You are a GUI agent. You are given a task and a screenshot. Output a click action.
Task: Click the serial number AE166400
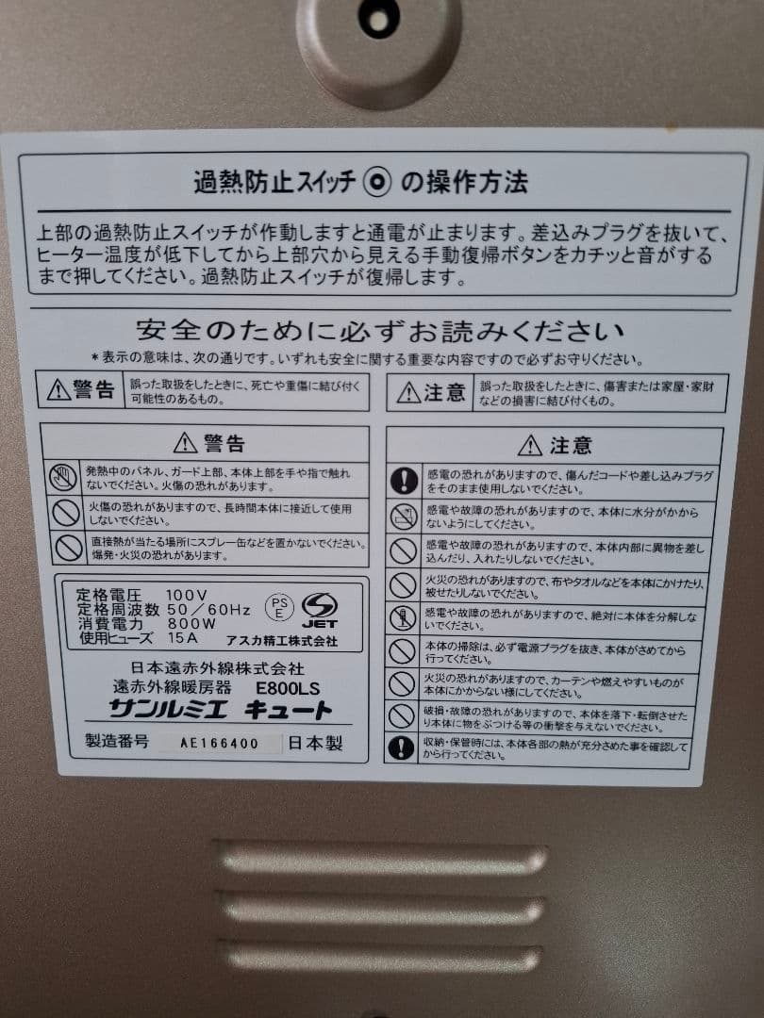coord(220,743)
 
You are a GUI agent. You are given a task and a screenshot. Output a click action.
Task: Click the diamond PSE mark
coord(278,604)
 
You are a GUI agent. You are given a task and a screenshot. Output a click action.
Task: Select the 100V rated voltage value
coord(186,596)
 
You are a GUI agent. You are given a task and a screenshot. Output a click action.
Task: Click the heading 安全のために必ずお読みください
coord(380,332)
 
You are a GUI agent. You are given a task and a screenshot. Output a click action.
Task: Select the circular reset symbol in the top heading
coord(378,183)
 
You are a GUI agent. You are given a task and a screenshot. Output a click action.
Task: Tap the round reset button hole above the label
coord(378,19)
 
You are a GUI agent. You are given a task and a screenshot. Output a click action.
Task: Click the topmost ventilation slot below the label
coord(382,859)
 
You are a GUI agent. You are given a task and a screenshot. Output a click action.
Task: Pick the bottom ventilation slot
coord(382,958)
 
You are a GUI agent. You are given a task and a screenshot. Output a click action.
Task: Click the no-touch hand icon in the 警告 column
coord(64,477)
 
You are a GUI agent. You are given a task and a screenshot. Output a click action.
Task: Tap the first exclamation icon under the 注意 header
coord(404,481)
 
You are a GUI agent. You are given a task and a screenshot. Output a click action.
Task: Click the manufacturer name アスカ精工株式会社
coord(281,640)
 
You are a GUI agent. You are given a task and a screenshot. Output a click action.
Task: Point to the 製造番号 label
coord(117,742)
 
